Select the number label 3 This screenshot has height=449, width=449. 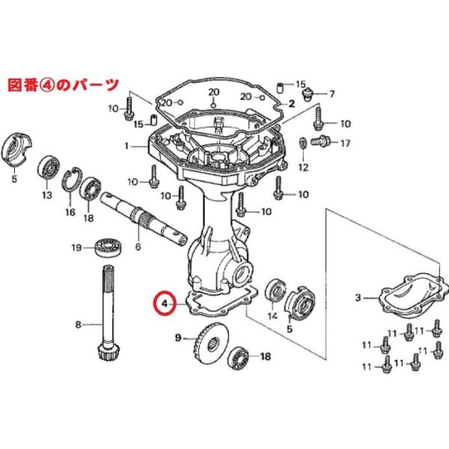click(358, 298)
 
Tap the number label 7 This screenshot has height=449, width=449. click(332, 94)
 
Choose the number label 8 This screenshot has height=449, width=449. click(79, 324)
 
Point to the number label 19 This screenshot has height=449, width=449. click(76, 247)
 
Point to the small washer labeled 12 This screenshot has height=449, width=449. click(302, 142)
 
